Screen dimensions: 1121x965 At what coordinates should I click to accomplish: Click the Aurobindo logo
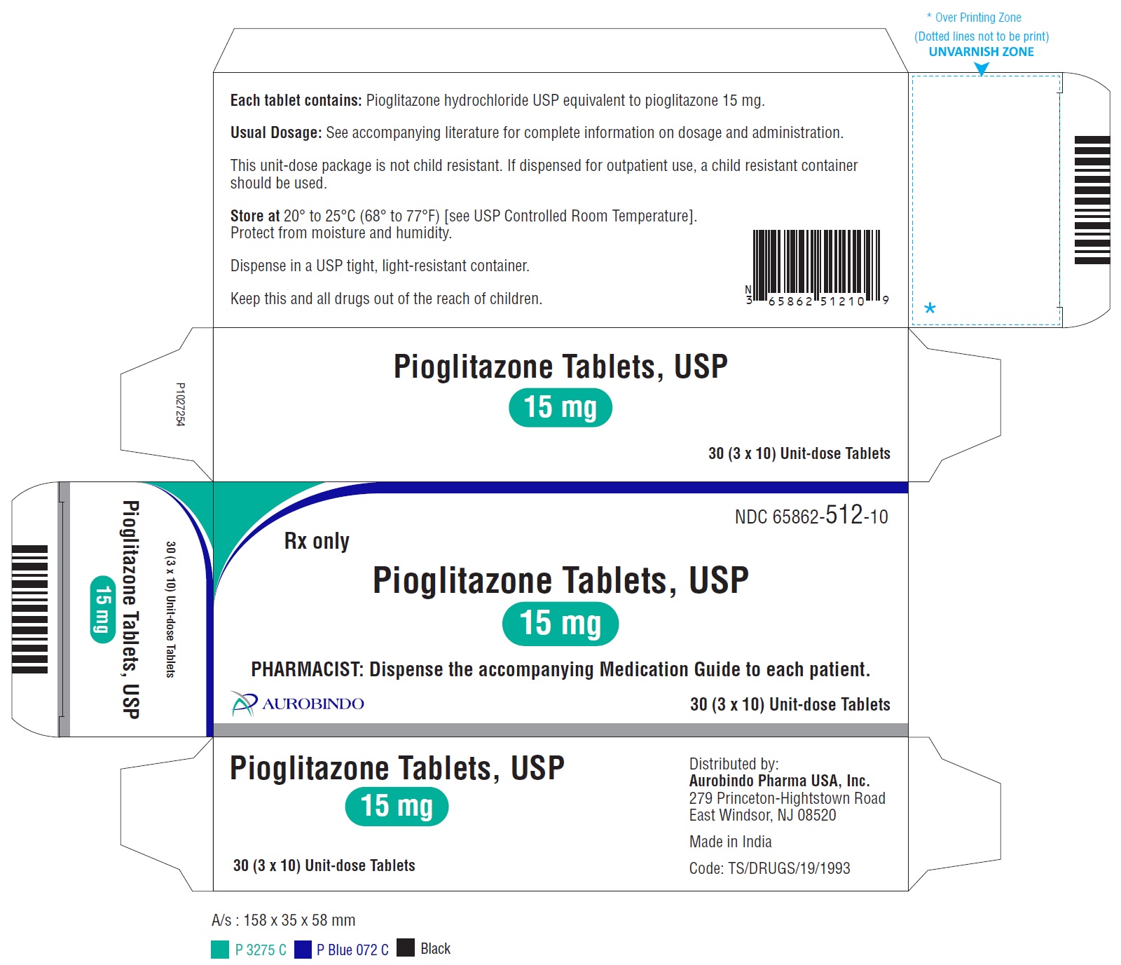(x=298, y=704)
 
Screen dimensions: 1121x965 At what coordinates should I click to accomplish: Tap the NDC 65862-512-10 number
(x=811, y=516)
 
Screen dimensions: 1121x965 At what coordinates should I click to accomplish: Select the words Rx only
(x=317, y=541)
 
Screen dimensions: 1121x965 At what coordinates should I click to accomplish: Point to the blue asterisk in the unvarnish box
(x=930, y=308)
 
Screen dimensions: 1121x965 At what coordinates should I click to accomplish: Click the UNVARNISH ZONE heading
(x=981, y=52)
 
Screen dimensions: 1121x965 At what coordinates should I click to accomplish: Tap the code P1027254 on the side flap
(x=180, y=404)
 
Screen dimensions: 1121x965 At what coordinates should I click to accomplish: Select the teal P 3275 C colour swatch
(x=220, y=950)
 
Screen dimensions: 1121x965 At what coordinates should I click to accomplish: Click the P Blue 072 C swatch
(x=303, y=950)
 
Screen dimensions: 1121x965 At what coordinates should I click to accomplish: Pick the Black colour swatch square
(x=406, y=947)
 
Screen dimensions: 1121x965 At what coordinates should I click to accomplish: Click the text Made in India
(x=730, y=842)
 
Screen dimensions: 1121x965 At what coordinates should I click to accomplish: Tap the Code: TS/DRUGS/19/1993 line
(x=769, y=868)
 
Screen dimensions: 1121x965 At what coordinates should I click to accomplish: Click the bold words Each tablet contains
(x=296, y=100)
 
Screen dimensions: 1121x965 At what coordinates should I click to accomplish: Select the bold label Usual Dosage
(x=276, y=132)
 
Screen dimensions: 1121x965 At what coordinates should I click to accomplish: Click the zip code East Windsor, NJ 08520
(x=762, y=815)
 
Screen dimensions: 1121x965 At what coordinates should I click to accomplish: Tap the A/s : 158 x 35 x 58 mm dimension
(x=283, y=920)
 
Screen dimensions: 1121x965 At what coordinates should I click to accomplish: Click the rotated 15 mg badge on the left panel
(x=103, y=608)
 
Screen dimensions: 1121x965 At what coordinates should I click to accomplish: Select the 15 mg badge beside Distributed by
(x=397, y=807)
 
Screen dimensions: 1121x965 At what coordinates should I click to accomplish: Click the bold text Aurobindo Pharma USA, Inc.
(x=779, y=781)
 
